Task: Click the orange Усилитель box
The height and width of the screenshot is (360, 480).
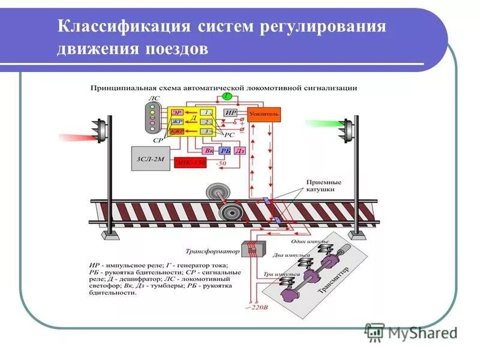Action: (263, 113)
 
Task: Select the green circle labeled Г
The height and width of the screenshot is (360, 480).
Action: (227, 96)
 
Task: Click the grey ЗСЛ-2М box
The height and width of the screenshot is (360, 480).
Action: (150, 160)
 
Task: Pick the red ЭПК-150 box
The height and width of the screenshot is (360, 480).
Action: (190, 162)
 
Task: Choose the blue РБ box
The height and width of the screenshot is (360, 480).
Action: (225, 151)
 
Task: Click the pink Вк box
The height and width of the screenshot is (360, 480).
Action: (209, 151)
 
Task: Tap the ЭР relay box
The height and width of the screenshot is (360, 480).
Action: (176, 112)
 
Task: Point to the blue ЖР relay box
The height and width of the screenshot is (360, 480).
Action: (176, 121)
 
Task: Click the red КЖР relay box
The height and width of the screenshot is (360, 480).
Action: (176, 130)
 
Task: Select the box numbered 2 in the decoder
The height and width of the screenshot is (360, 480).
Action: (206, 121)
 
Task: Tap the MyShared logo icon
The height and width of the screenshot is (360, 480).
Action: (375, 332)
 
